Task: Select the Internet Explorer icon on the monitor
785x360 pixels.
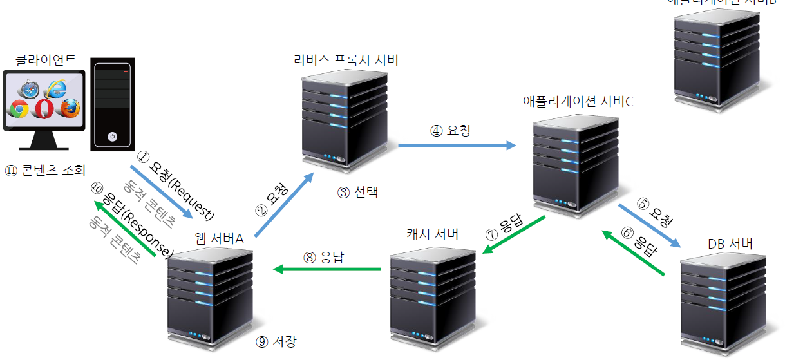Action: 56,89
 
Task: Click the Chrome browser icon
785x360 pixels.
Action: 19,109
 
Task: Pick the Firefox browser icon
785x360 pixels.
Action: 69,108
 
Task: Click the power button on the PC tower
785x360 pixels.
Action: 113,137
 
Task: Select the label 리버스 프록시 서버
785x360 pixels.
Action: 346,61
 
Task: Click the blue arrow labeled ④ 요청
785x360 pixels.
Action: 457,146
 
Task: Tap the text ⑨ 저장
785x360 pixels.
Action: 276,341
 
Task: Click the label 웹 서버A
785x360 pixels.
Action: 219,239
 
